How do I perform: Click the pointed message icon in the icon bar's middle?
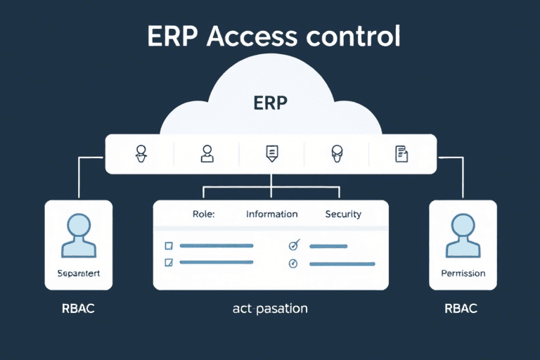(x=271, y=153)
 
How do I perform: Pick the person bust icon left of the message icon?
(x=207, y=153)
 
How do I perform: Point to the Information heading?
(x=271, y=214)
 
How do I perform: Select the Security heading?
(x=343, y=214)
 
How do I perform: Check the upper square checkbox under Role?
(x=168, y=245)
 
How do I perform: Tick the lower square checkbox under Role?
(x=168, y=262)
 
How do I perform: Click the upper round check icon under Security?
(x=294, y=245)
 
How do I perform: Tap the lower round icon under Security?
(x=294, y=263)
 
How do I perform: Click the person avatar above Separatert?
(x=79, y=236)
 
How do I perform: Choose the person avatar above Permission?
(x=463, y=236)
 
